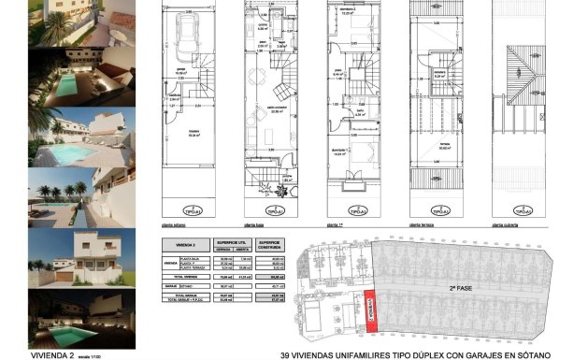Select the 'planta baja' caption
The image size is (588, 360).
(253, 225)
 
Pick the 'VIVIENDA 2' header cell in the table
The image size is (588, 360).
(172, 243)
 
